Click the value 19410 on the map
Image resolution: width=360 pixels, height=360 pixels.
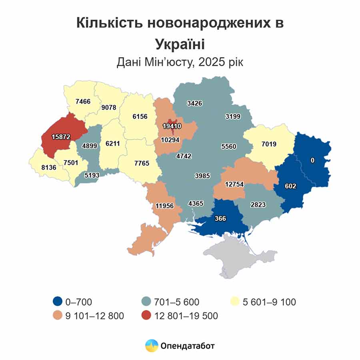(172, 126)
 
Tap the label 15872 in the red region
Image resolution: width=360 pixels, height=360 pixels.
(61, 137)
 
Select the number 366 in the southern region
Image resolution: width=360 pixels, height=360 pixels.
(220, 218)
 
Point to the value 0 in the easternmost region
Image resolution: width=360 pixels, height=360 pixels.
(313, 160)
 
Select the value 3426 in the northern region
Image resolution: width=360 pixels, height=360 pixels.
(194, 103)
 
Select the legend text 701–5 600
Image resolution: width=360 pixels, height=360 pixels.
(178, 302)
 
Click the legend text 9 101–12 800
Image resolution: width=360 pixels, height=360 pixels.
(94, 316)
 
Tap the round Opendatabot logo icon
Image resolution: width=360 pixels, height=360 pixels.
(152, 345)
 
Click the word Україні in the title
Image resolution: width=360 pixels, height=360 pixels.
(180, 43)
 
